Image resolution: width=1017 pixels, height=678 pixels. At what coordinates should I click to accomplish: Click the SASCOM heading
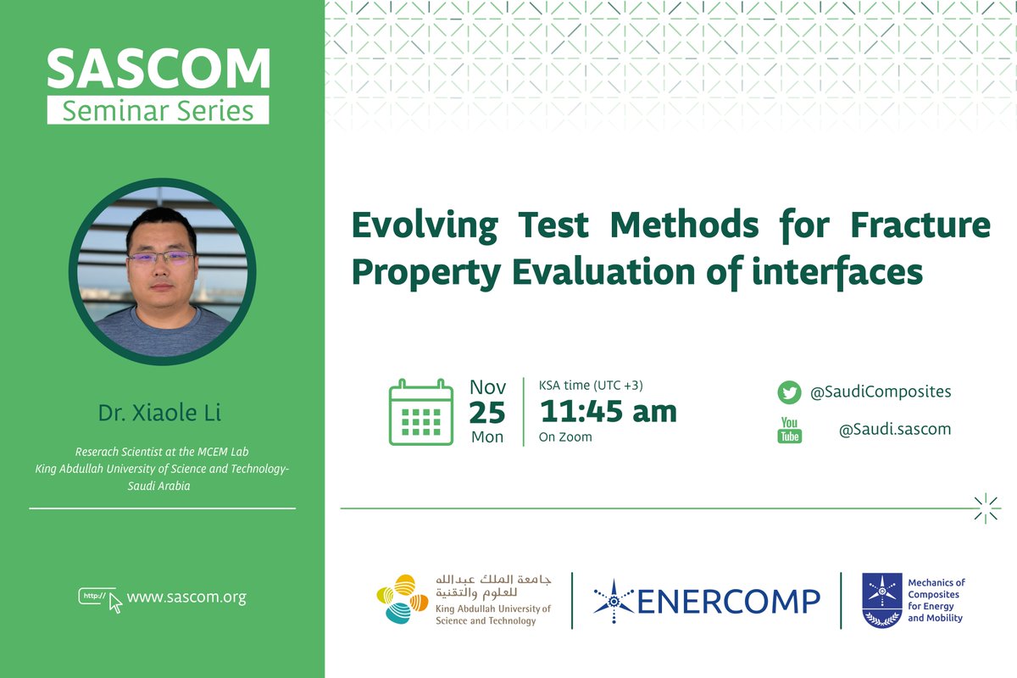tap(158, 69)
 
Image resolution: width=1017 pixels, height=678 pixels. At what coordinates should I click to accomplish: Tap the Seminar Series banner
tap(158, 110)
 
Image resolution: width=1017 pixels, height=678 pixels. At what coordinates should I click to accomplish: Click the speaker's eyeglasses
tap(160, 257)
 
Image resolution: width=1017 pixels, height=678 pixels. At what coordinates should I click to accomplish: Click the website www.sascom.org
tap(186, 597)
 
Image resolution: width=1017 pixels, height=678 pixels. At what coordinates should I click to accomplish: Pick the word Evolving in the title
tap(424, 225)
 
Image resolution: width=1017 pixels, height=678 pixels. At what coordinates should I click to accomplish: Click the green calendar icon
tap(420, 413)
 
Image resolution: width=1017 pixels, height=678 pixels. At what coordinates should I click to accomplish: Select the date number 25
tap(487, 413)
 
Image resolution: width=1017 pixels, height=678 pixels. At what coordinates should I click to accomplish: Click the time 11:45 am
tap(609, 412)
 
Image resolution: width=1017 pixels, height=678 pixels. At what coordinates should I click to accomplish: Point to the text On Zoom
tap(565, 437)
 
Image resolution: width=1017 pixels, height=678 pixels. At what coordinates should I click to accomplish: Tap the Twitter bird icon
tap(789, 392)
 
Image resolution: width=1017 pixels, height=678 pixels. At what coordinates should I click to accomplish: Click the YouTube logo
tap(790, 430)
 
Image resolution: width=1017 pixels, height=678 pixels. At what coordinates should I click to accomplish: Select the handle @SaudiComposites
tap(881, 392)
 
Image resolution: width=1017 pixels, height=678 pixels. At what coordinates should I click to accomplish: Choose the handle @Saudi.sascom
tap(894, 429)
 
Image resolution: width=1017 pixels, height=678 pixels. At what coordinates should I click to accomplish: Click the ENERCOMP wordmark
tap(727, 601)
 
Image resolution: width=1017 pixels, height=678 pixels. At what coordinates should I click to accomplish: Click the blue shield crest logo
tap(881, 600)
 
